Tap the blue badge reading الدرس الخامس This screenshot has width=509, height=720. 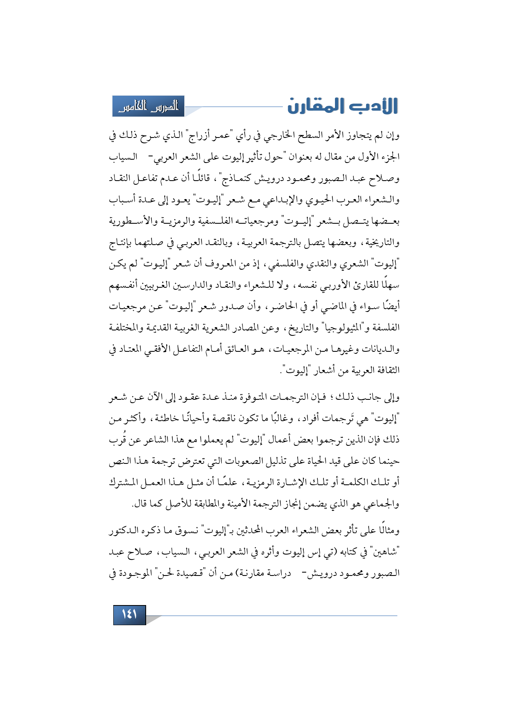pyautogui.click(x=148, y=106)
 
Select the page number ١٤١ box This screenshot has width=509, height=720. pyautogui.click(x=129, y=615)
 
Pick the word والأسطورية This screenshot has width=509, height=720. pyautogui.click(x=131, y=221)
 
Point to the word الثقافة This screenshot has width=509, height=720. pyautogui.click(x=386, y=371)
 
